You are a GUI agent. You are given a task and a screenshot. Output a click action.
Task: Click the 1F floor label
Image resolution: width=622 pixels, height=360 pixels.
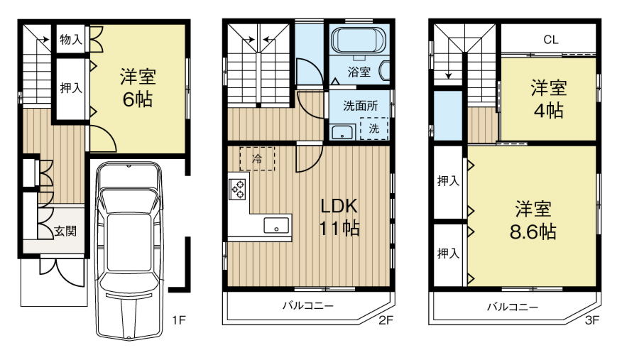click(x=178, y=320)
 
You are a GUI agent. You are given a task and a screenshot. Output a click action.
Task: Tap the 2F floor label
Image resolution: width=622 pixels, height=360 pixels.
click(x=385, y=320)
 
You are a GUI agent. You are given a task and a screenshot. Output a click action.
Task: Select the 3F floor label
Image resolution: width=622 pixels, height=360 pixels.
click(x=591, y=320)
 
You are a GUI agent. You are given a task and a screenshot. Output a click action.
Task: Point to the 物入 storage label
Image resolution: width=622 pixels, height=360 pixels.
click(x=71, y=40)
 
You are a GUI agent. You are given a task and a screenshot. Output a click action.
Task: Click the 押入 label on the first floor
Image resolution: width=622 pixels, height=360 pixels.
click(x=71, y=88)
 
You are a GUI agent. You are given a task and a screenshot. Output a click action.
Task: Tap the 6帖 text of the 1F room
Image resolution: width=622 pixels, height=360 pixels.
click(x=138, y=99)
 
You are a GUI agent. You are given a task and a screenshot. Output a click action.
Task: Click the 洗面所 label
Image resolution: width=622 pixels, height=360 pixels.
click(x=361, y=106)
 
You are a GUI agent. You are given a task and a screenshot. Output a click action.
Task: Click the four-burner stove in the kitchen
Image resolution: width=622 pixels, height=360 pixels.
click(x=238, y=189)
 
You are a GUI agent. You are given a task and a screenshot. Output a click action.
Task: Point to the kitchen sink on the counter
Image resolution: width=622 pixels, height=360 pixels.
click(x=277, y=227)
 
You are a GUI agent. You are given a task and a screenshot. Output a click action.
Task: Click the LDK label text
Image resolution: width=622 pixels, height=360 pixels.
click(x=340, y=207)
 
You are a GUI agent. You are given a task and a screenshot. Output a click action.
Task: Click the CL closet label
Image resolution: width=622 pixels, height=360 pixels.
click(x=550, y=40)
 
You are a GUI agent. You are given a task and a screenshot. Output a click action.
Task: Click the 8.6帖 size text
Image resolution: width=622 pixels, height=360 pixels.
click(x=535, y=231)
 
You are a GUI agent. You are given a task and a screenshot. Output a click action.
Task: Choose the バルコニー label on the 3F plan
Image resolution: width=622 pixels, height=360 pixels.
click(x=512, y=307)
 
